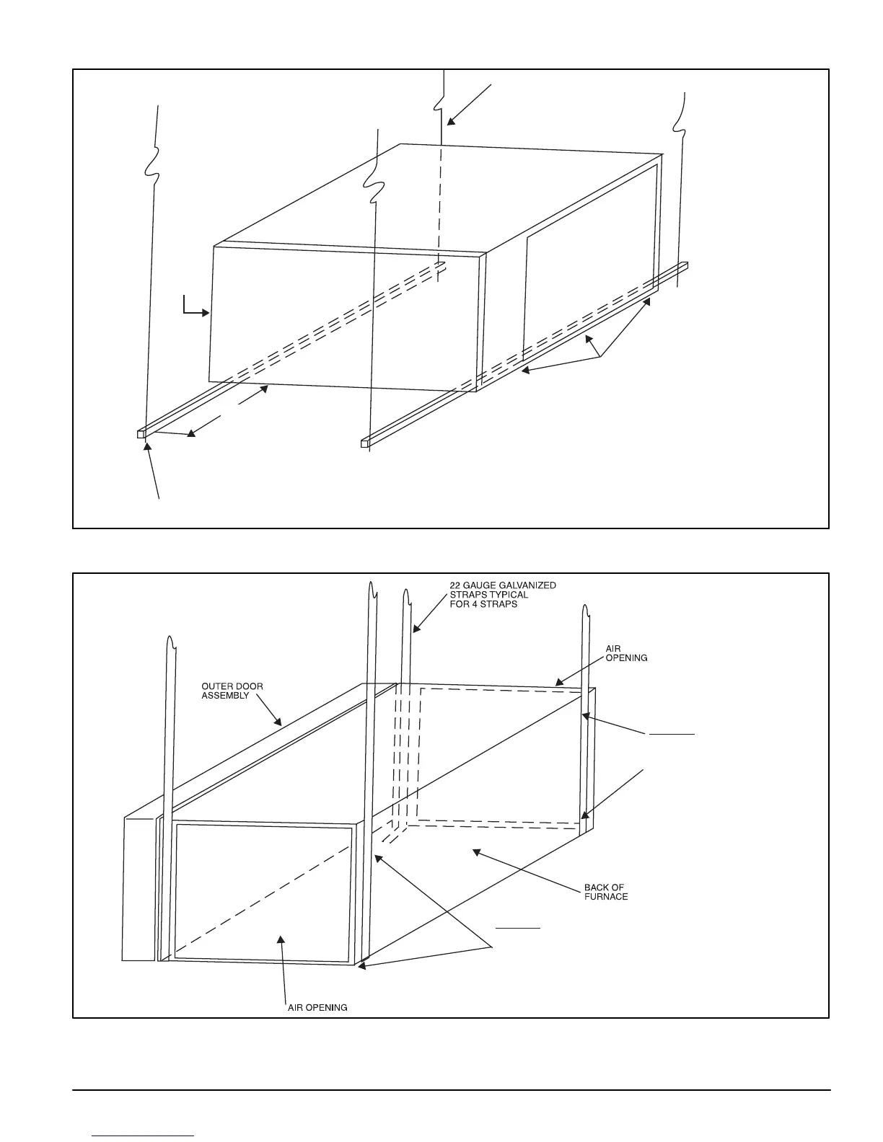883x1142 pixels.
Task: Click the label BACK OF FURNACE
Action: [605, 892]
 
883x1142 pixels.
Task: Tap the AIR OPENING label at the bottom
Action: [317, 1007]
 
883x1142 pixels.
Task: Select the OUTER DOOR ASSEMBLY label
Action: [232, 691]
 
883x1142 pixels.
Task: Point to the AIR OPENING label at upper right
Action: [625, 653]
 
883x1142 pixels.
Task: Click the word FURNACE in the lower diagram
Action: [605, 897]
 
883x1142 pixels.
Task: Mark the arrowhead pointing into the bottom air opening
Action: [282, 938]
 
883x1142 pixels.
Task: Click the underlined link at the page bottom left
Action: [144, 1136]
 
